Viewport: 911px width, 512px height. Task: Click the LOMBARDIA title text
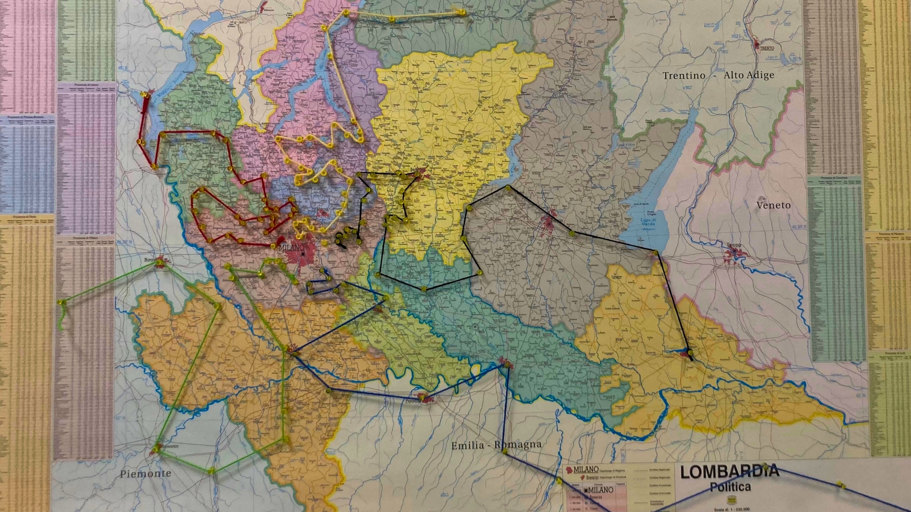pos(729,471)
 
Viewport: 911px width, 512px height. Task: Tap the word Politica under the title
pos(730,487)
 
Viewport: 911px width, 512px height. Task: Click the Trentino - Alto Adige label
pos(718,75)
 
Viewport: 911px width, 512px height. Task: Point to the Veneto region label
pos(773,205)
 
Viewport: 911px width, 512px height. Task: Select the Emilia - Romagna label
pos(496,445)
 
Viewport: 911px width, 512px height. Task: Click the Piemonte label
pos(145,473)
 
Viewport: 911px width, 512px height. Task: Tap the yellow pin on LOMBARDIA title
pos(764,466)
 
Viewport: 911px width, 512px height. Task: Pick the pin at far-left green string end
pos(60,302)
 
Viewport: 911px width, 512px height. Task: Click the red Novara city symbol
pos(160,261)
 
